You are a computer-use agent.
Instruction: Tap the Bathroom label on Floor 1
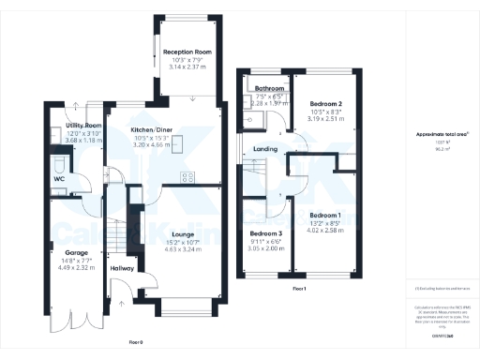(x=269, y=90)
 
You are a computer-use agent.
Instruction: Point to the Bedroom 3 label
(x=266, y=233)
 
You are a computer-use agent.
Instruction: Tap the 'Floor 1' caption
(x=298, y=290)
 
